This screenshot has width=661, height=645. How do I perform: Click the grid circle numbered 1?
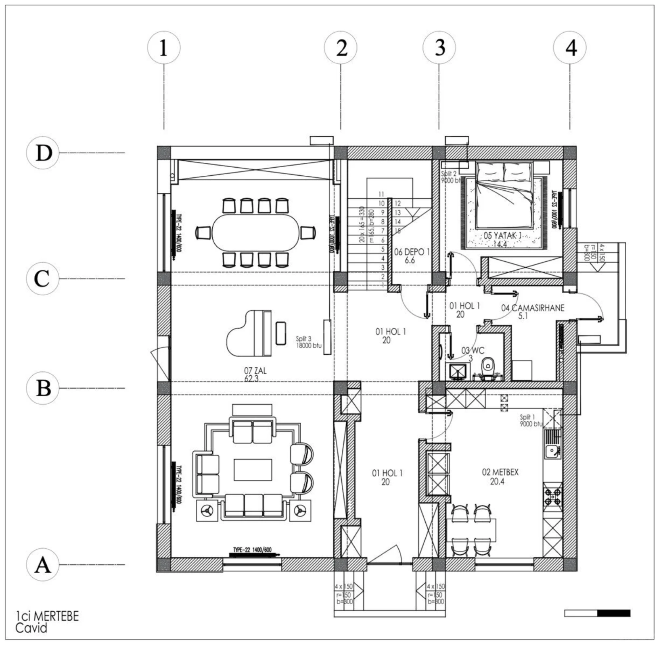point(163,48)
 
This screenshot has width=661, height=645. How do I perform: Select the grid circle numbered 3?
point(439,48)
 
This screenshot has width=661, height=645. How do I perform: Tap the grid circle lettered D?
point(43,153)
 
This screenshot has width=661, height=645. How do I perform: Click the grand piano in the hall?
point(249,333)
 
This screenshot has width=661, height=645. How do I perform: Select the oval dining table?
point(256,233)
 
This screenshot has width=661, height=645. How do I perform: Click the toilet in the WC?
point(488,368)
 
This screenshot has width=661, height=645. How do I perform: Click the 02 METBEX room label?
point(500,476)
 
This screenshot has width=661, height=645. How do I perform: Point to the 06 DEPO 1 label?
point(412,256)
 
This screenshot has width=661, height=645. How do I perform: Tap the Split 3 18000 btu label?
point(308,342)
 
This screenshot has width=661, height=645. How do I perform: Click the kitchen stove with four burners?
point(552,496)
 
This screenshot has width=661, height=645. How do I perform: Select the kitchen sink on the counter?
point(551,451)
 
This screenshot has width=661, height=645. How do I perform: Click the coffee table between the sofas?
point(253,470)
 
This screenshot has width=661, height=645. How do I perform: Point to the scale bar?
point(597,613)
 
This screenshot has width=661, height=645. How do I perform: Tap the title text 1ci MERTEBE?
point(47,616)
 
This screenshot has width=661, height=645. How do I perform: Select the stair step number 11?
point(381,194)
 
